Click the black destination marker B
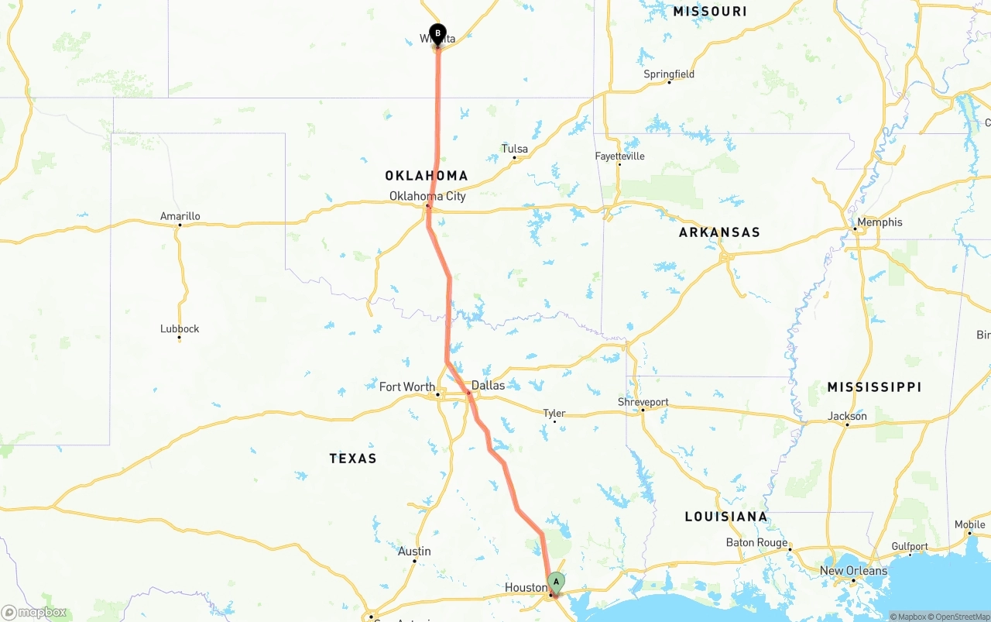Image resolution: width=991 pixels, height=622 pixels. tap(437, 33)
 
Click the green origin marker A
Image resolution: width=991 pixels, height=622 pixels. tap(556, 582)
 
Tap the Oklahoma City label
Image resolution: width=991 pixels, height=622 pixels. tap(427, 196)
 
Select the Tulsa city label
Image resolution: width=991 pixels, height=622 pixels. tap(515, 149)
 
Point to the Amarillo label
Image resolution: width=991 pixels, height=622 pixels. tap(180, 216)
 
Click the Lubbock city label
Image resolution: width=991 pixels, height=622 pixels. tap(180, 328)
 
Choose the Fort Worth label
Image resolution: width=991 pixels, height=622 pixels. tap(406, 387)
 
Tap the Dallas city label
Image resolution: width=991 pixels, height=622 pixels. tap(488, 385)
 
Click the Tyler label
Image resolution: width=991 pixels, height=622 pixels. tap(554, 413)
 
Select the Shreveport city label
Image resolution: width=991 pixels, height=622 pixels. tap(643, 402)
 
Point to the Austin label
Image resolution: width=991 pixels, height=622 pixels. tap(414, 552)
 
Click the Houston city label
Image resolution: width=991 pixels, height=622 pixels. tap(526, 588)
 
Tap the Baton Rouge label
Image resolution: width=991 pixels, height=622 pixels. tap(756, 542)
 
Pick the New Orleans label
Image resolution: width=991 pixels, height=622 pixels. tap(853, 571)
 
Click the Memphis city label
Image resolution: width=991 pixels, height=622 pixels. tap(880, 222)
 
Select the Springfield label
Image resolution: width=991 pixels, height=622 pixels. tap(669, 74)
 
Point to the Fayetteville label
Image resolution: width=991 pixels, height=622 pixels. tap(619, 156)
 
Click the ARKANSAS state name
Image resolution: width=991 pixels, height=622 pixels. tap(719, 232)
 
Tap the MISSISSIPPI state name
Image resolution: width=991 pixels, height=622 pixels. tap(874, 387)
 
